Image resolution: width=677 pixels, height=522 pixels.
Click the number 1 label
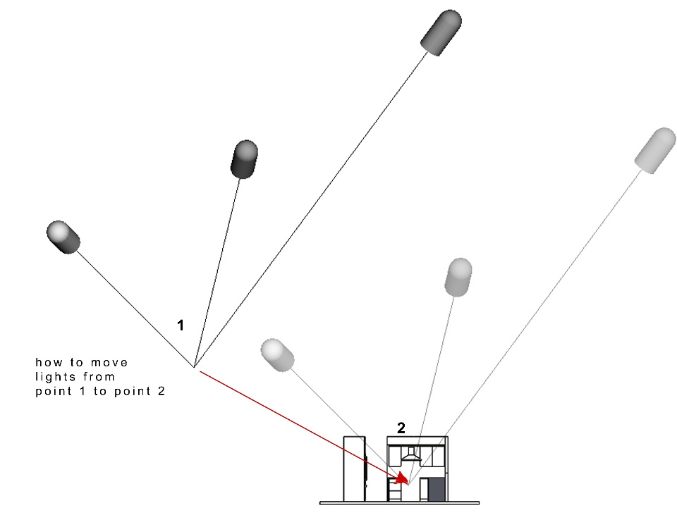pos(181,325)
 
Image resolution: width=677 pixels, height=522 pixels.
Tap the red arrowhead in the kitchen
pos(403,479)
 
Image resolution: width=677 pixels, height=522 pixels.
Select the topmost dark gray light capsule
pos(441,32)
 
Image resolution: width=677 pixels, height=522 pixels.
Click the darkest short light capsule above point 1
pos(245,159)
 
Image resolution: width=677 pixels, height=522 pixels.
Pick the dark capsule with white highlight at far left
pos(63,237)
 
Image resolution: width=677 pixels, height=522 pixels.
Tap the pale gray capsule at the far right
pos(655,149)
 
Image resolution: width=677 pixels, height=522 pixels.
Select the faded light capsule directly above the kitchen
pos(458,277)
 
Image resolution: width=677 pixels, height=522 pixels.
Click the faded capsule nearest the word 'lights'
pos(277,354)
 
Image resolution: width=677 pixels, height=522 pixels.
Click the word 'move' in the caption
pos(112,362)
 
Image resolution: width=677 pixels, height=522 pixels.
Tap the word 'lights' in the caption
pos(56,377)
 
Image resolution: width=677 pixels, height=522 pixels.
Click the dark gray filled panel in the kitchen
pos(437,490)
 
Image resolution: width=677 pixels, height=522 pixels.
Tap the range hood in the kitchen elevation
pos(411,455)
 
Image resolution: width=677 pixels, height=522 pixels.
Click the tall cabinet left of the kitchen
pos(353,468)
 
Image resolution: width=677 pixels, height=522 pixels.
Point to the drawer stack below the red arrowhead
pos(394,491)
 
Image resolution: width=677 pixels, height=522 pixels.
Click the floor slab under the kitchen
pos(399,503)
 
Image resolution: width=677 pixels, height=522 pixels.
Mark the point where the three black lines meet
pos(194,366)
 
